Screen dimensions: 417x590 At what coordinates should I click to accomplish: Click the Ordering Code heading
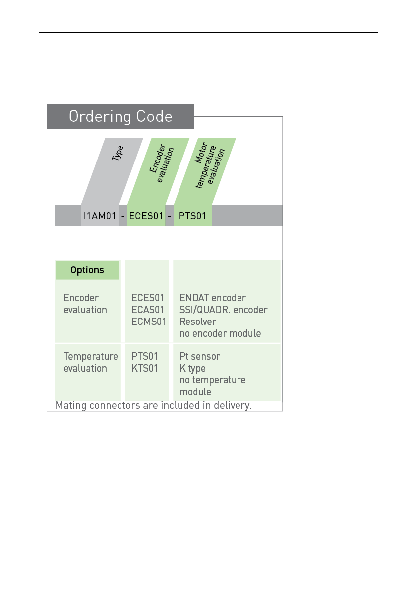click(120, 116)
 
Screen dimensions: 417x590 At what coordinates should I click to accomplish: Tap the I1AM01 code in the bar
click(100, 216)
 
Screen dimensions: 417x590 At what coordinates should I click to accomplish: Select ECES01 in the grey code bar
click(146, 216)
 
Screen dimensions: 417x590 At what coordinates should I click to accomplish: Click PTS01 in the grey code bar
click(192, 216)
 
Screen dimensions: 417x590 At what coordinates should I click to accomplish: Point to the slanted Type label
click(118, 153)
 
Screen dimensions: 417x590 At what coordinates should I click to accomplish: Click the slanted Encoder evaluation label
click(162, 163)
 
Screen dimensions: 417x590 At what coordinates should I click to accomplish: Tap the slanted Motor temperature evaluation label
click(210, 165)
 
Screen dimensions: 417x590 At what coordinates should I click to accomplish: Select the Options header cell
click(87, 270)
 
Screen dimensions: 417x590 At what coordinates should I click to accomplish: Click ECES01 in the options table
click(148, 298)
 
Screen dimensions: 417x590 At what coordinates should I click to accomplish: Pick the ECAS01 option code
click(148, 310)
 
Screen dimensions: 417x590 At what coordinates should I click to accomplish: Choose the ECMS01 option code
click(149, 322)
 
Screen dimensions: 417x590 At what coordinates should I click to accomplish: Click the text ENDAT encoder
click(213, 298)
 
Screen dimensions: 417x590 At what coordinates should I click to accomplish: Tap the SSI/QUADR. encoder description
click(224, 310)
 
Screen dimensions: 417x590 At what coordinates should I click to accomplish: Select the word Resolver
click(198, 322)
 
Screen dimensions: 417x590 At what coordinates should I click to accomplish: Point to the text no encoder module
click(220, 333)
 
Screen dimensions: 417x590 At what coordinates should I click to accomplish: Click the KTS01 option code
click(145, 368)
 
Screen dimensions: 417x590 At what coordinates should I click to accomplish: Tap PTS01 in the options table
click(145, 356)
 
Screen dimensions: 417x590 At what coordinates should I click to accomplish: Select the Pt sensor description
click(200, 356)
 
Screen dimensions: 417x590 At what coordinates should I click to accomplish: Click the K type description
click(192, 369)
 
